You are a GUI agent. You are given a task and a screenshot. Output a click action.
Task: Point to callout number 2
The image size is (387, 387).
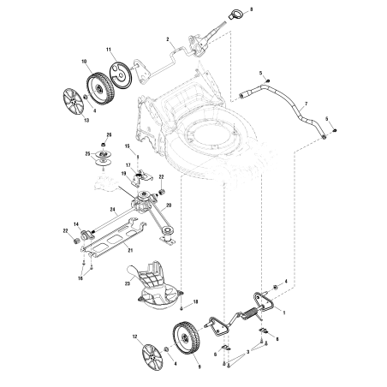[x=170, y=40]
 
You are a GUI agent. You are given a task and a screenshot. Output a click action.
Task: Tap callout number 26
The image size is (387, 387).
[x=109, y=135]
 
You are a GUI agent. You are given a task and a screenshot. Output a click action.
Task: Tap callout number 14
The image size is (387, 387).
[x=76, y=223]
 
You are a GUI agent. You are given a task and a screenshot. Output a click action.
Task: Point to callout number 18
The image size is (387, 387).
[x=196, y=303]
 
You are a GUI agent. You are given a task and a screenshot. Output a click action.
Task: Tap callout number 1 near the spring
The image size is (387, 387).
[x=284, y=313]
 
